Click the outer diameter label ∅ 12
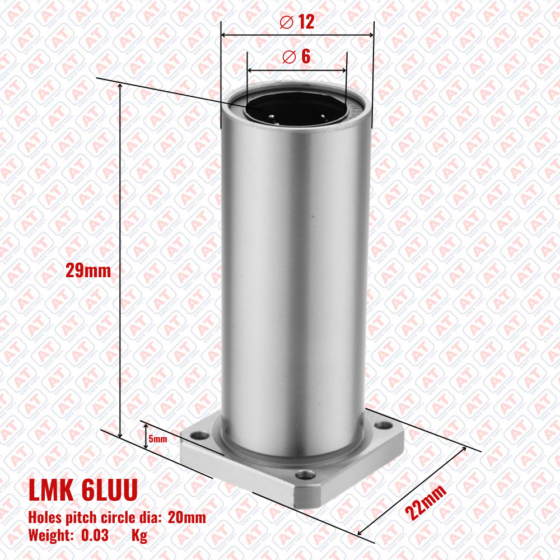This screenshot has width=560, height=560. [297, 22]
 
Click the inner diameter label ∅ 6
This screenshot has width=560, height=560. [296, 57]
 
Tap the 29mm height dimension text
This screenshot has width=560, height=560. [88, 270]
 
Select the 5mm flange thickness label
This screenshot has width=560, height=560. [158, 438]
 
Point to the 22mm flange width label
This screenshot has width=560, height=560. [426, 502]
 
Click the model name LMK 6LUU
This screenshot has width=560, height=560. [83, 490]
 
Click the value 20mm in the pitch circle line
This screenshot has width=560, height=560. [187, 517]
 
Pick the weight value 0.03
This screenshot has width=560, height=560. [95, 535]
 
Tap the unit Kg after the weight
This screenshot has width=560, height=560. [139, 536]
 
